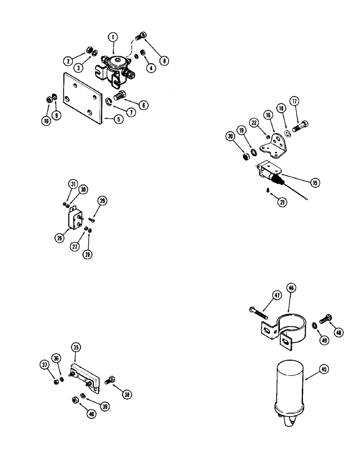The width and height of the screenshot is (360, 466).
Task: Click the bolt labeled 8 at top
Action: coord(141,36)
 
